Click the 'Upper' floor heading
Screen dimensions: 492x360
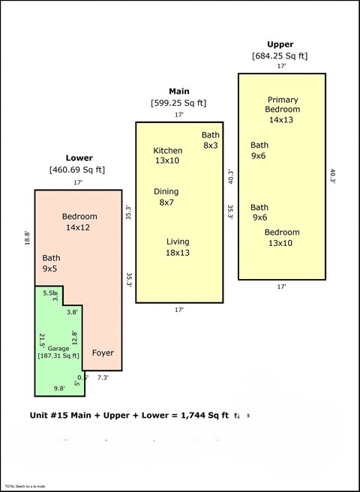pos(280,44)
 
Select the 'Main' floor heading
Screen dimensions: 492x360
pos(178,91)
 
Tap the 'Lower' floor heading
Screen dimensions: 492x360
pos(79,158)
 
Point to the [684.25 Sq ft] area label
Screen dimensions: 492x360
pos(280,55)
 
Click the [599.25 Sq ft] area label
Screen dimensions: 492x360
pos(178,103)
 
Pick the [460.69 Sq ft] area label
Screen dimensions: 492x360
pos(77,169)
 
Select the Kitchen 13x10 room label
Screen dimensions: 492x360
pos(167,155)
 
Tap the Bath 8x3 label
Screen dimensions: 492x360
pos(210,139)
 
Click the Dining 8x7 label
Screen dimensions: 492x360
pos(166,196)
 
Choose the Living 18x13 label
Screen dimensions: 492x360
pos(178,247)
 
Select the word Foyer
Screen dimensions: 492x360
pos(103,352)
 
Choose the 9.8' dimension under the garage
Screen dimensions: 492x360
pos(58,388)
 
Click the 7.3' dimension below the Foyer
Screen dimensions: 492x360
pos(103,378)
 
